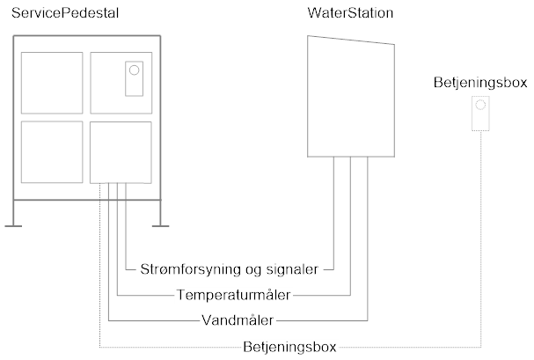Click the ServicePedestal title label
click(x=65, y=13)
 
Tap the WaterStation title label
click(x=350, y=13)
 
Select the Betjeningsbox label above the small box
click(x=480, y=83)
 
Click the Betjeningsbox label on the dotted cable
click(x=289, y=347)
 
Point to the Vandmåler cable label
click(x=238, y=320)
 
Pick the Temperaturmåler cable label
click(x=233, y=295)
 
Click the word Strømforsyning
click(x=191, y=269)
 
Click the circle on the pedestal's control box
click(x=135, y=70)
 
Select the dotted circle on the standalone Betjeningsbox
click(x=480, y=105)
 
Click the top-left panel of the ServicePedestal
click(x=52, y=83)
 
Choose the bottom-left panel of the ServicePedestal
click(x=52, y=152)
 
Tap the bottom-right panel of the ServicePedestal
click(x=121, y=152)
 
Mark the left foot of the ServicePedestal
click(x=13, y=225)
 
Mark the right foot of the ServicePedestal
click(x=160, y=225)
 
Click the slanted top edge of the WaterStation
click(x=351, y=40)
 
